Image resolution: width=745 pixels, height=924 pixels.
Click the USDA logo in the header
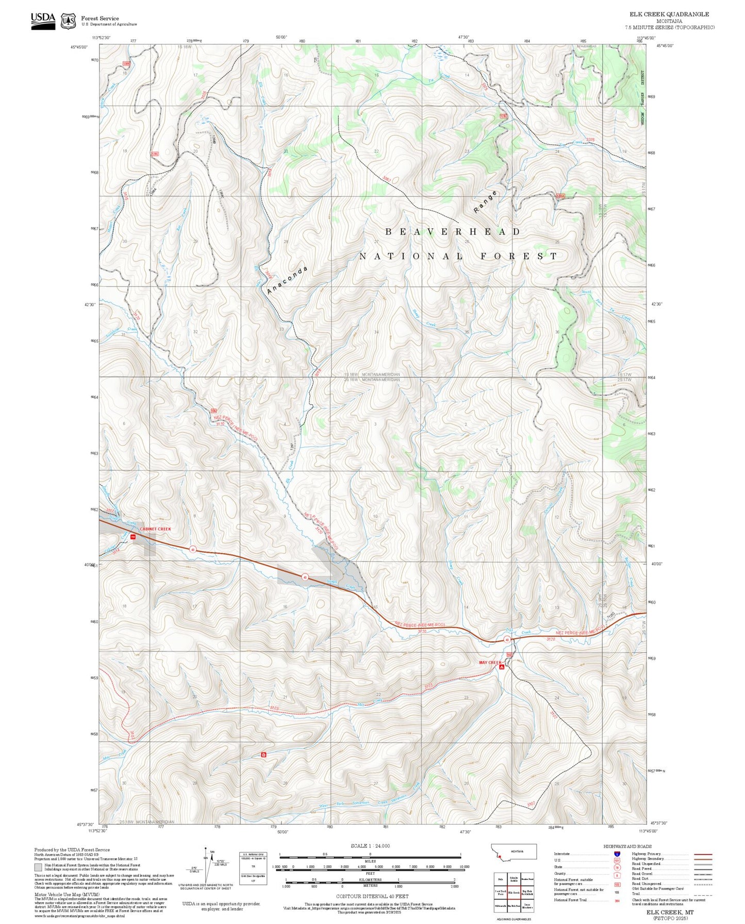[x=43, y=21]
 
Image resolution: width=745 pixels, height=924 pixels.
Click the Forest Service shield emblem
[x=68, y=21]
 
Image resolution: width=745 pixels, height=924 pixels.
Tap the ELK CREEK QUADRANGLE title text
[x=669, y=14]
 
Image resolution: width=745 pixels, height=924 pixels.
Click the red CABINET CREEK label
[x=155, y=529]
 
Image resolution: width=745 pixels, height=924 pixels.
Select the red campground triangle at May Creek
[x=501, y=667]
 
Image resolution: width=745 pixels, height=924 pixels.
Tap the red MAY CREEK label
[x=490, y=662]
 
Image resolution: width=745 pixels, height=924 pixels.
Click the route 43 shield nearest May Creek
[x=507, y=640]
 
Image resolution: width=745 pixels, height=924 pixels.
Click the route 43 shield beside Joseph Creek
[x=305, y=577]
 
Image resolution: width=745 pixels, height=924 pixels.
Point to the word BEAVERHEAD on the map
[x=453, y=232]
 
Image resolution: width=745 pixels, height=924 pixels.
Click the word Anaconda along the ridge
[x=287, y=280]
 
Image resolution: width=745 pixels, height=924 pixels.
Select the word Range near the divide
[x=486, y=202]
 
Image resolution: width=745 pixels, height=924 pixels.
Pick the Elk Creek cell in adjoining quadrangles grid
[x=514, y=893]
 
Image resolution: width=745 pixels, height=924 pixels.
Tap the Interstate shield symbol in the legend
[x=617, y=854]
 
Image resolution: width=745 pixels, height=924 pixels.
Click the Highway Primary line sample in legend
[x=703, y=854]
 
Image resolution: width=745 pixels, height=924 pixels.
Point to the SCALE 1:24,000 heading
[x=370, y=846]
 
